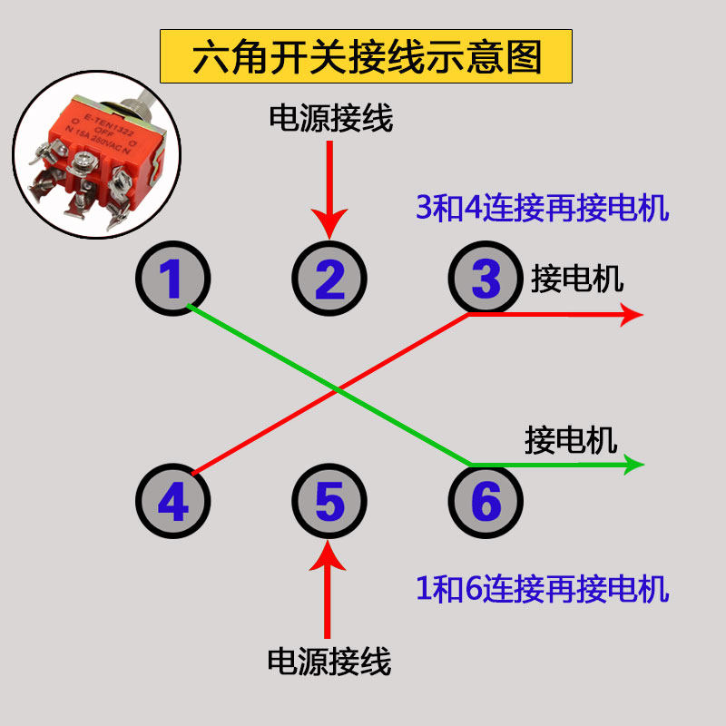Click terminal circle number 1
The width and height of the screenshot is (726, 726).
172,279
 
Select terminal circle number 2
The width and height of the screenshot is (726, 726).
329,279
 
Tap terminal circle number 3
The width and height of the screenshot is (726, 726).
486,279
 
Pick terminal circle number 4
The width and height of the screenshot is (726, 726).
172,502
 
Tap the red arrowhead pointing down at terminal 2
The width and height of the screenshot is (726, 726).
329,223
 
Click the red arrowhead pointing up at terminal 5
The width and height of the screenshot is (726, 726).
329,555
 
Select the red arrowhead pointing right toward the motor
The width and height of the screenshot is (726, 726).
631,315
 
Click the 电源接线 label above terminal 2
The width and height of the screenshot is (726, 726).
330,118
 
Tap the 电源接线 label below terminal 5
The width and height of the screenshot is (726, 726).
329,662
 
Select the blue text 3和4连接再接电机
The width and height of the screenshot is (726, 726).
542,209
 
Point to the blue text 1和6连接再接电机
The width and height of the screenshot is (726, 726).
542,589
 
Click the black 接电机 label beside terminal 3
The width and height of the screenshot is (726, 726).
577,279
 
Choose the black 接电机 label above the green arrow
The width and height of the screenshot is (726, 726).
571,440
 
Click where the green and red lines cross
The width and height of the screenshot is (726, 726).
338,389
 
